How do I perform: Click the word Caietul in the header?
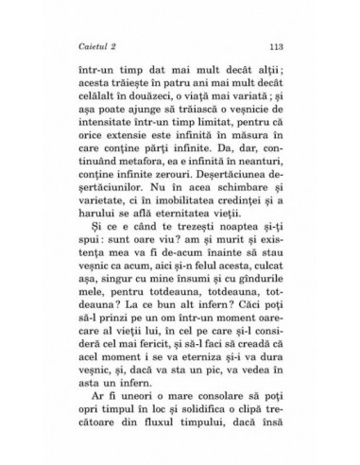coord(98,45)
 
